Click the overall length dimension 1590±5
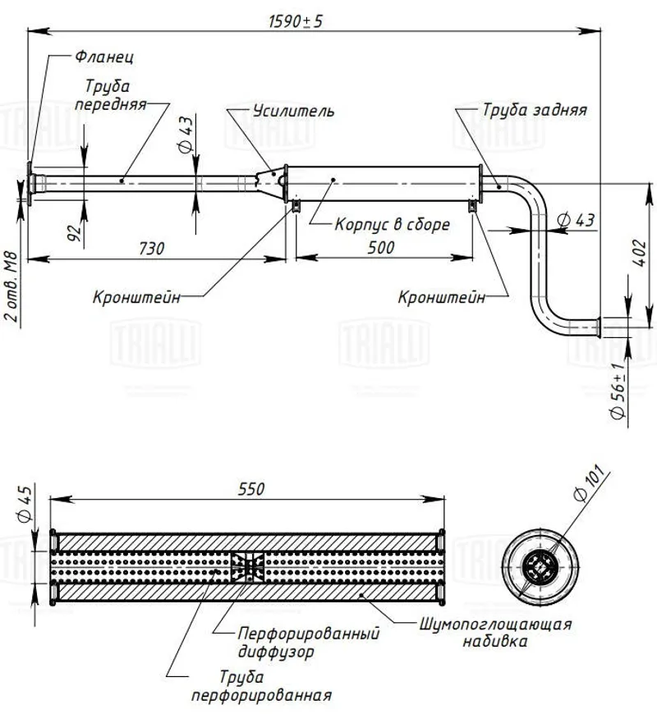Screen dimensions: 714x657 coord(296,21)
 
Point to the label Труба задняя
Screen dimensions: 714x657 coord(534,110)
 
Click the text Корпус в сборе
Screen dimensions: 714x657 coord(393,223)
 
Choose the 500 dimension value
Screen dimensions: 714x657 coord(379,246)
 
